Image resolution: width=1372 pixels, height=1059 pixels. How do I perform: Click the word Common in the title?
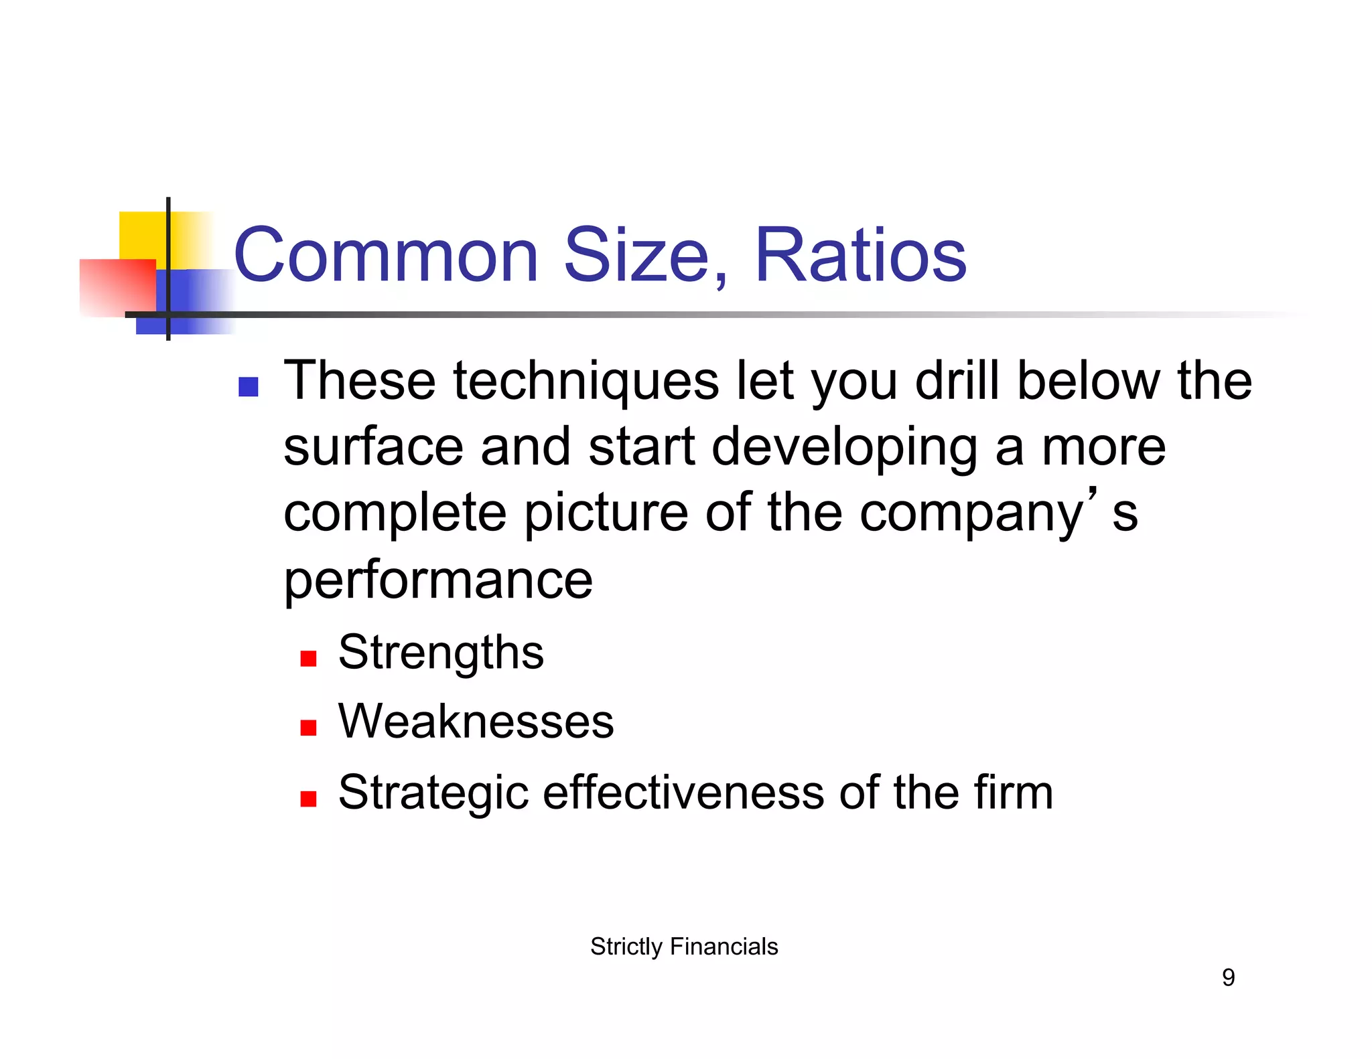(386, 256)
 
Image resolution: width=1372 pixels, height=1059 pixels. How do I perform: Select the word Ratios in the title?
(860, 256)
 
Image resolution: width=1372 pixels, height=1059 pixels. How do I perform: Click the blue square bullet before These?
(249, 387)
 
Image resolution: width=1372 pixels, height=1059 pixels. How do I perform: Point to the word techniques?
(586, 382)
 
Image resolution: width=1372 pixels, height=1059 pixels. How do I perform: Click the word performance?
(438, 580)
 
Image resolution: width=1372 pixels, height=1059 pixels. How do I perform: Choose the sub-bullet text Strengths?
(441, 653)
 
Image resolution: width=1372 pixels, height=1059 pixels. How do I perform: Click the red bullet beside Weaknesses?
(308, 728)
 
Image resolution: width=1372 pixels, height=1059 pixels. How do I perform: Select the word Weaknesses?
(476, 722)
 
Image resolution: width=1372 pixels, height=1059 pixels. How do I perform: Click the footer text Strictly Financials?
(684, 947)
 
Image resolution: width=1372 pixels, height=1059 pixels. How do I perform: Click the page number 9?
(1228, 978)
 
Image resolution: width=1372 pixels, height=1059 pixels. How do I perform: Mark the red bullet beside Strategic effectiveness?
(308, 799)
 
